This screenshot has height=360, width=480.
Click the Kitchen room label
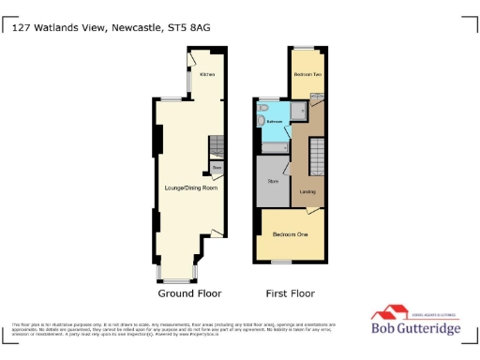click(207, 73)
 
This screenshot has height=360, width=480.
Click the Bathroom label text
click(275, 122)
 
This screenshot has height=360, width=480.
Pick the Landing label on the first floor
click(307, 193)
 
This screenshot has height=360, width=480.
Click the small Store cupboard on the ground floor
click(217, 168)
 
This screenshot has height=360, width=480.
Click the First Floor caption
click(290, 293)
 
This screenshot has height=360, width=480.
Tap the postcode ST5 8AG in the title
click(190, 28)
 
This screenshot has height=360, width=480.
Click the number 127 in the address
click(24, 28)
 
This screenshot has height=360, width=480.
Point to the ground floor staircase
click(216, 146)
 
